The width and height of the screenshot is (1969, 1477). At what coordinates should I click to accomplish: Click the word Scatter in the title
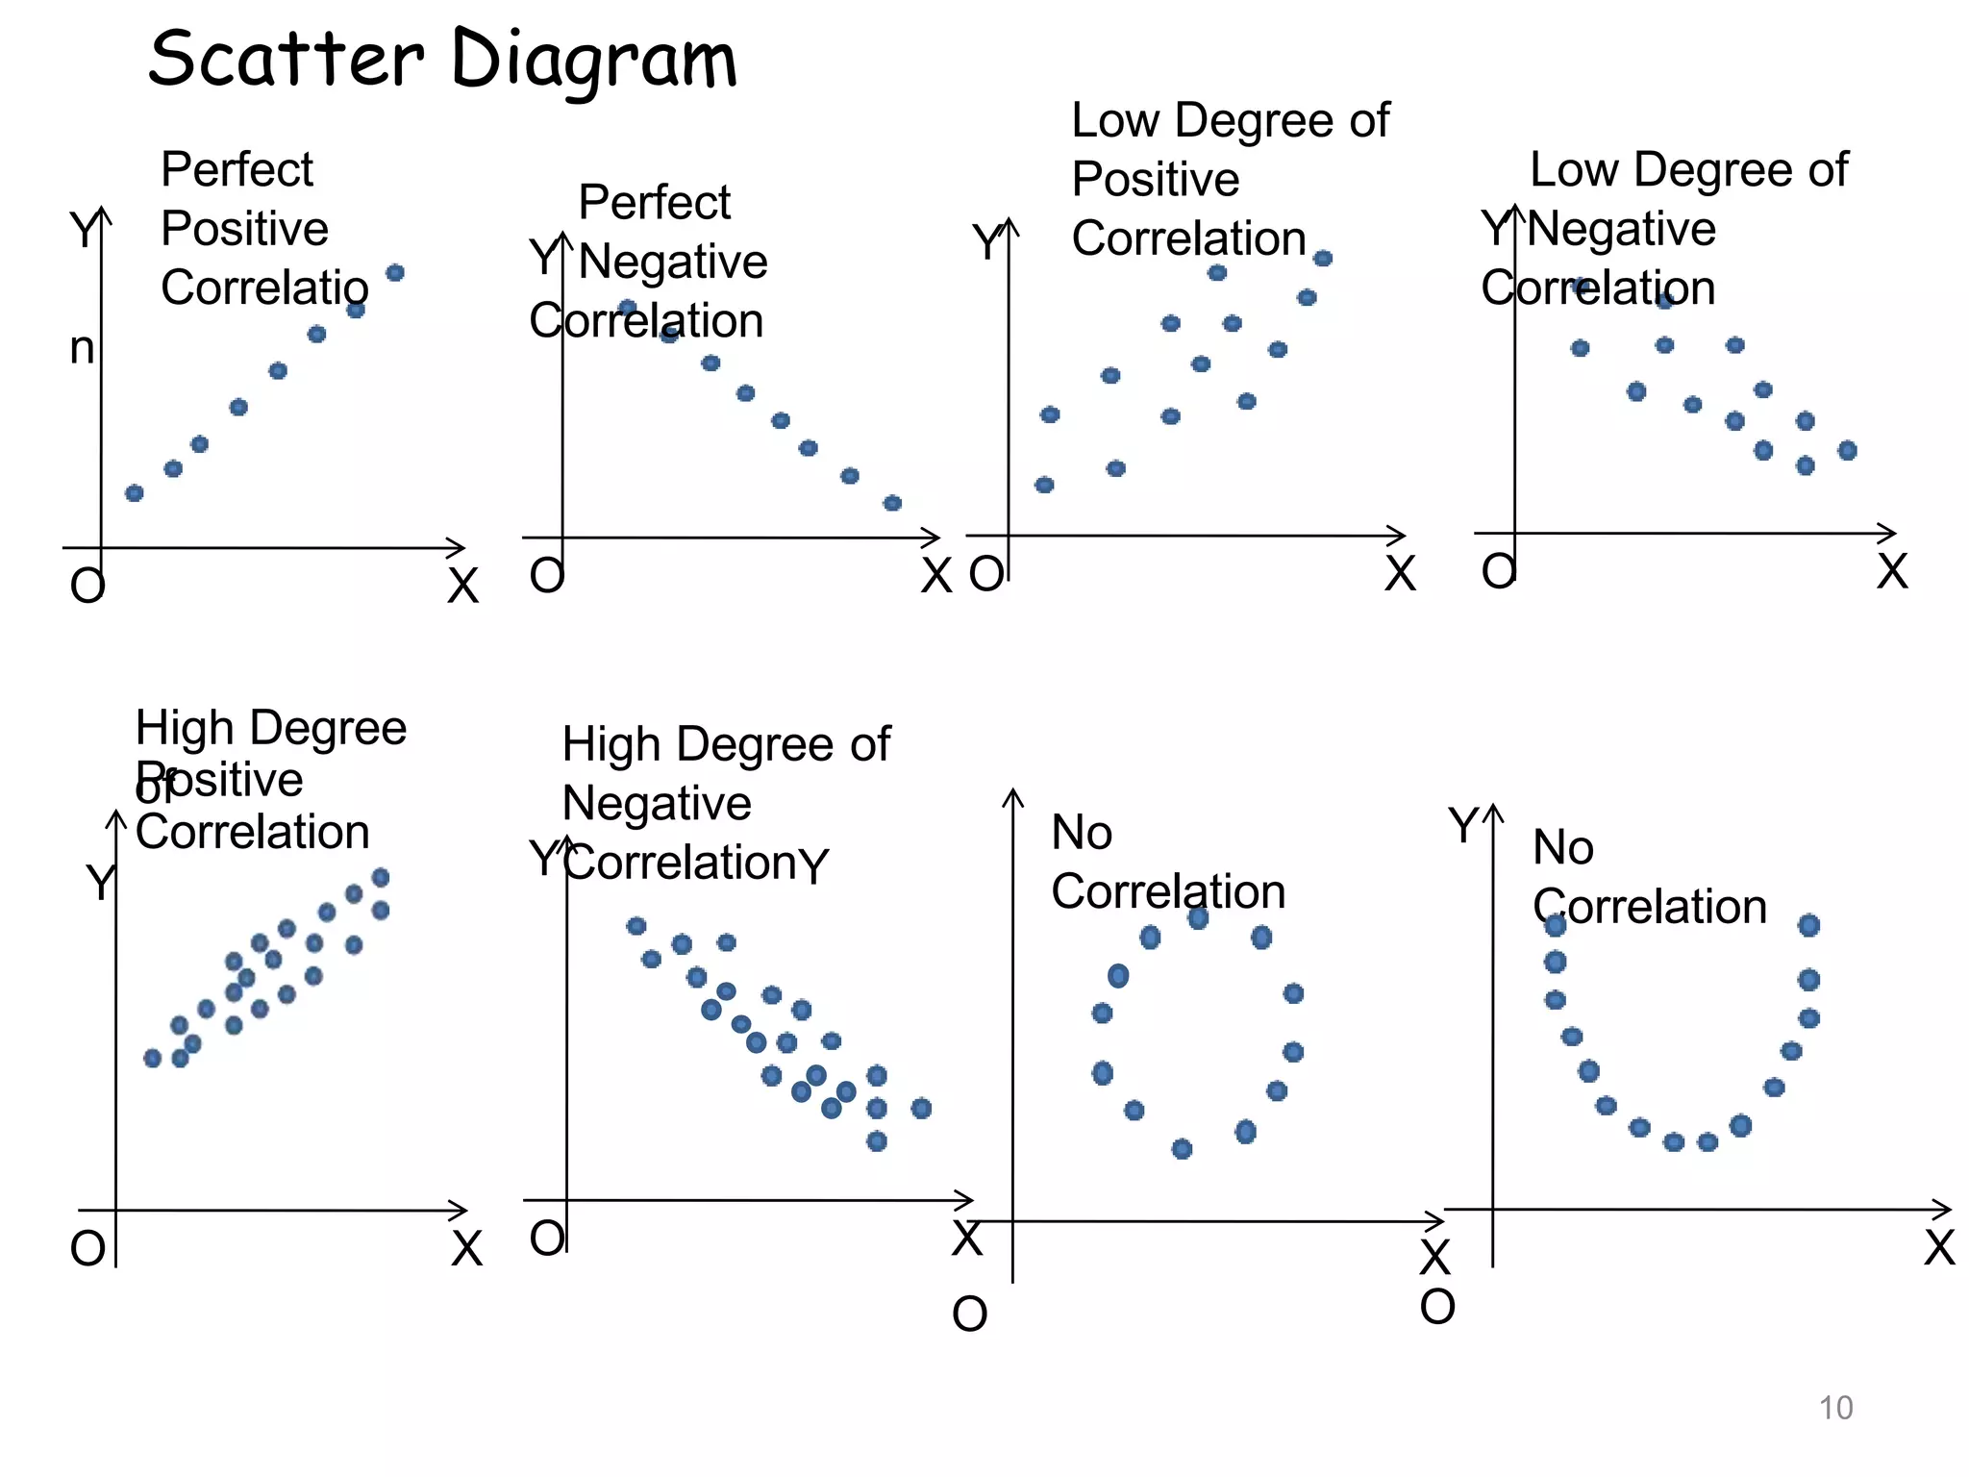click(286, 59)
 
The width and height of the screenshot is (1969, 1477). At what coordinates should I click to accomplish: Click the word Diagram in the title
click(593, 61)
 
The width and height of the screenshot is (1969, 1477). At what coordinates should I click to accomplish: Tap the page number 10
click(1835, 1408)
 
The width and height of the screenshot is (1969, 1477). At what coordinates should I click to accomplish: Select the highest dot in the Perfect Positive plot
click(395, 273)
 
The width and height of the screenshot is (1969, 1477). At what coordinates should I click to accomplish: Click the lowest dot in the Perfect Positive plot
click(135, 493)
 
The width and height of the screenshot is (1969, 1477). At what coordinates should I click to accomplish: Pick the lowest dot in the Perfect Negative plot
click(892, 503)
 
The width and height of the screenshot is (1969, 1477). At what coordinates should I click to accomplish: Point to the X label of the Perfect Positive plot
click(462, 586)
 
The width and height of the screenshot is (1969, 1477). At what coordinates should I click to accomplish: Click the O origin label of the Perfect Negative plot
click(546, 575)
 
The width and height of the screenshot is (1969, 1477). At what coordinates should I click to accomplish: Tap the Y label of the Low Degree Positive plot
click(986, 242)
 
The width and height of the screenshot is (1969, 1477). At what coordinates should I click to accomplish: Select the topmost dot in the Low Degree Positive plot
click(1323, 259)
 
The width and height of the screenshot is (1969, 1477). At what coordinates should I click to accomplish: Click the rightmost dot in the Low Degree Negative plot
click(1847, 450)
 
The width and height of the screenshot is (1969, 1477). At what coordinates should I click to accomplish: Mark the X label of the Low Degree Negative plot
click(1892, 571)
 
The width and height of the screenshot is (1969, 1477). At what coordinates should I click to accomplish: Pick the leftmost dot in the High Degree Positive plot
click(152, 1058)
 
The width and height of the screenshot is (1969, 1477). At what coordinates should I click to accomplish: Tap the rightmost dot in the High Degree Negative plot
click(921, 1109)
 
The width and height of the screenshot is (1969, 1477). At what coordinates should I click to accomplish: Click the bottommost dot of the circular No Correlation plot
click(1183, 1148)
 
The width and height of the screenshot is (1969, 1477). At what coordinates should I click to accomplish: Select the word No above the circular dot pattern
click(1082, 832)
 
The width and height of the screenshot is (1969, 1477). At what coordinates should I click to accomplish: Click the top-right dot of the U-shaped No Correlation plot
click(1808, 925)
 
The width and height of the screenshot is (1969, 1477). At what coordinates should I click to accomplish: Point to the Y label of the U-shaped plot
click(1463, 826)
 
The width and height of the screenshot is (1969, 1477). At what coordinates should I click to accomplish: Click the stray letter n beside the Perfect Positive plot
click(83, 348)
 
